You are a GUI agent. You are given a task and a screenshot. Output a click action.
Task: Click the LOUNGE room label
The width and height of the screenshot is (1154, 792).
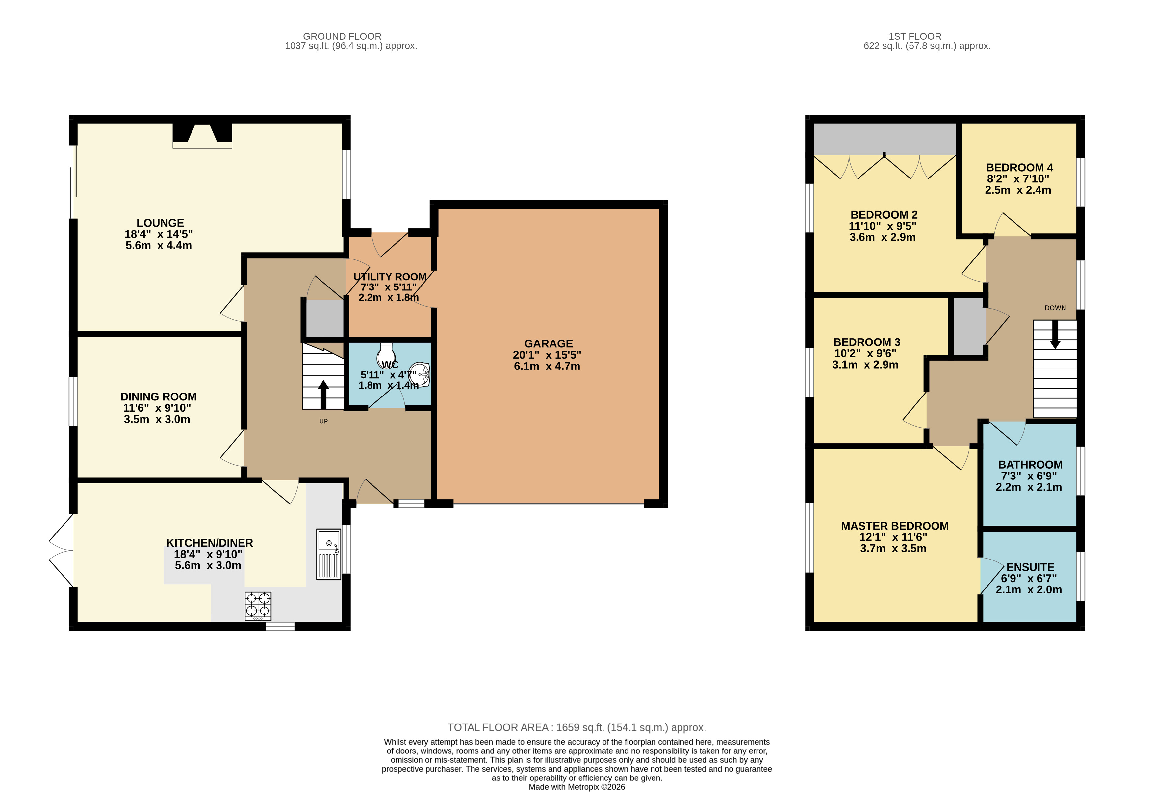pos(160,223)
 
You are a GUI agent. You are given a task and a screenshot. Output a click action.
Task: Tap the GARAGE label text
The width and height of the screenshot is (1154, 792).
pos(549,344)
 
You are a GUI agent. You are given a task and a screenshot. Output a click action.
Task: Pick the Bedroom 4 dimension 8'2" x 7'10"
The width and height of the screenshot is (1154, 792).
pos(1018,179)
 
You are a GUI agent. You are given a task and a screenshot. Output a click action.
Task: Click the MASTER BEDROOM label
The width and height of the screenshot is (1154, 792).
pos(895,526)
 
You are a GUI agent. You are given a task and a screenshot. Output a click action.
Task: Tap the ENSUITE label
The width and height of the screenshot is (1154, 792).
pos(1030,567)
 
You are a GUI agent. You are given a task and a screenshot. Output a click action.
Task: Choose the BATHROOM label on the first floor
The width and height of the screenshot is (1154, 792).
pos(1030,465)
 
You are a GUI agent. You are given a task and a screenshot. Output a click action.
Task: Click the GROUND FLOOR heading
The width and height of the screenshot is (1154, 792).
pos(342,36)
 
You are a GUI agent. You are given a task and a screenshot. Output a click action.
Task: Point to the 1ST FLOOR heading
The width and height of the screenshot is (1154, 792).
pos(915,36)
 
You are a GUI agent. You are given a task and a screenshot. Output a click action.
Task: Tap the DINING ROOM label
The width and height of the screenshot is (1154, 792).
pos(158,397)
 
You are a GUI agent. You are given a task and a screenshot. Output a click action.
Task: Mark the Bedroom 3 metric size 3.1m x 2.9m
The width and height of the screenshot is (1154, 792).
pos(865,365)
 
